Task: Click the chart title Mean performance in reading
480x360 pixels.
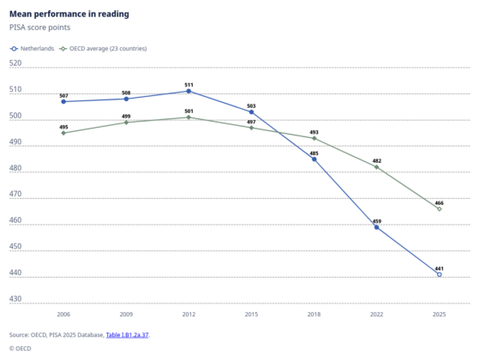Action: (69, 14)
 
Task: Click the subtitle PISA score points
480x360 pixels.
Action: (39, 27)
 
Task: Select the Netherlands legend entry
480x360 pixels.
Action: (32, 49)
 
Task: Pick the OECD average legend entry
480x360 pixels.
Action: (103, 49)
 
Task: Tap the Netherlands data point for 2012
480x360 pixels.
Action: (189, 91)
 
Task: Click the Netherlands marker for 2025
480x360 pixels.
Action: (439, 274)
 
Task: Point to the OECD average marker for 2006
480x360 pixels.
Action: (63, 133)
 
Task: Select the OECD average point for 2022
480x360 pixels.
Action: (376, 167)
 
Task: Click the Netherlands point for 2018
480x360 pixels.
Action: (314, 159)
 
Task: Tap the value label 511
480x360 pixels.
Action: (189, 85)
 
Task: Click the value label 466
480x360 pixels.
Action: (439, 203)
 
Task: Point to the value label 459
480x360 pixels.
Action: (377, 221)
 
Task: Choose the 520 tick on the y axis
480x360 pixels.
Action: (15, 63)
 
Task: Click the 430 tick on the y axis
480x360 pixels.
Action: (15, 299)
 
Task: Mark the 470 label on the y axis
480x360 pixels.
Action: (15, 194)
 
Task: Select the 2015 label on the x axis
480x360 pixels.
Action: (251, 315)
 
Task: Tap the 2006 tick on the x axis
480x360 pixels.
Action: (63, 315)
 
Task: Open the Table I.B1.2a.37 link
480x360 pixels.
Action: (127, 335)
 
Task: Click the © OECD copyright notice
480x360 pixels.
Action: (21, 349)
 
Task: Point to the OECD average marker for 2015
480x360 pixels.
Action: (251, 128)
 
